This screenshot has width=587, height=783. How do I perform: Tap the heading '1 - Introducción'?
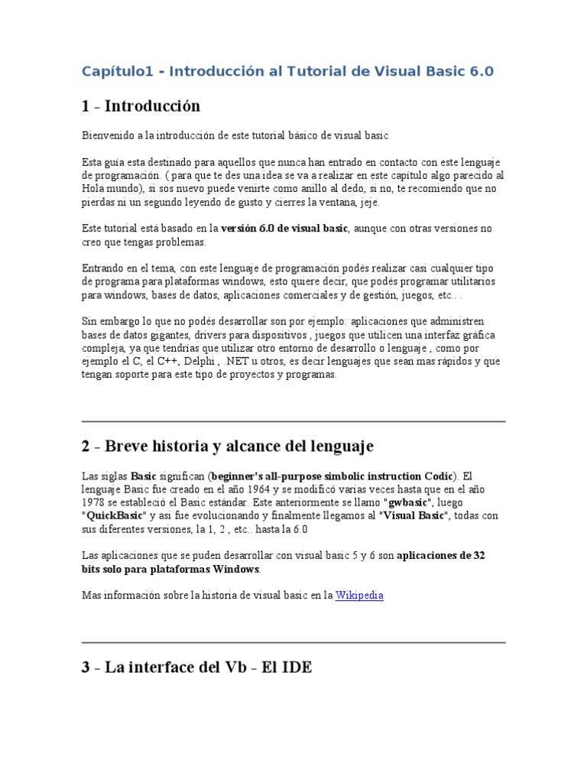point(141,106)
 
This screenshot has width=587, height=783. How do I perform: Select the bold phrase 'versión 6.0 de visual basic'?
point(284,229)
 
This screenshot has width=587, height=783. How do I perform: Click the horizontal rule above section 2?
point(293,421)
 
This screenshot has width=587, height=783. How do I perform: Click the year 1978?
point(95,502)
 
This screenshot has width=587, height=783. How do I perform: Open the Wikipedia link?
point(359,595)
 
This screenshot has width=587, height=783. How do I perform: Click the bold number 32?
point(478,555)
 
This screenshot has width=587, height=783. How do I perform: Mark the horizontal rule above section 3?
point(293,642)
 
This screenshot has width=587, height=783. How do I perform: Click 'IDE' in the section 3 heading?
point(297,667)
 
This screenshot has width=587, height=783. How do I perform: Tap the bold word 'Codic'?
point(437,475)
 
